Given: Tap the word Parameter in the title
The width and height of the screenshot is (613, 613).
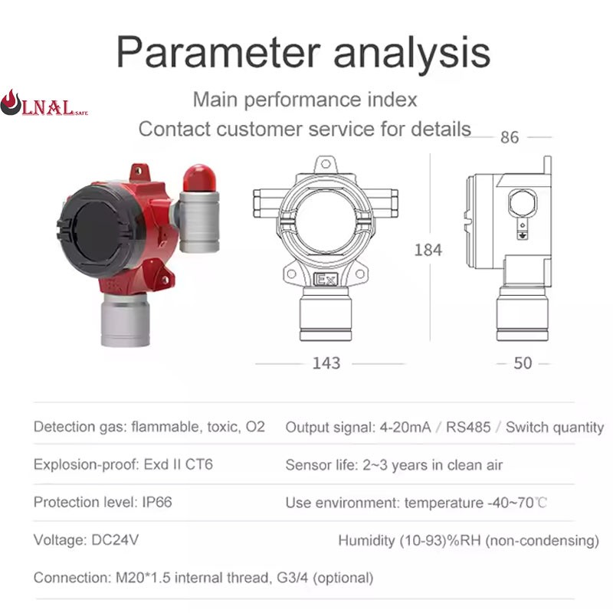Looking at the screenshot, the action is [x=218, y=53].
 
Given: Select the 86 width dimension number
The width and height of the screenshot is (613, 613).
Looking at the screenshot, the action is [x=510, y=137].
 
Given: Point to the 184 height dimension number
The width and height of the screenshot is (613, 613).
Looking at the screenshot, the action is [x=428, y=250].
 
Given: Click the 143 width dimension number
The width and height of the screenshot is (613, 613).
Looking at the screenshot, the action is [x=326, y=363].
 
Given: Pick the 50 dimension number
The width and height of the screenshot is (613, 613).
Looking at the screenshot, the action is [x=523, y=363].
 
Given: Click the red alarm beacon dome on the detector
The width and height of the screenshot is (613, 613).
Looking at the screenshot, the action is [x=199, y=179].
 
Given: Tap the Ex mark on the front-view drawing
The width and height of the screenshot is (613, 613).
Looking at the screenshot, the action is [x=325, y=280].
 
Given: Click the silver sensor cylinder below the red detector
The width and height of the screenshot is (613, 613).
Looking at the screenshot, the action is [x=125, y=320].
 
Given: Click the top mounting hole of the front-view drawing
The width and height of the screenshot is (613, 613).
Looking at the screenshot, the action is [x=325, y=164].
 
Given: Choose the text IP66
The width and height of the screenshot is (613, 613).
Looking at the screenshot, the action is [x=157, y=502].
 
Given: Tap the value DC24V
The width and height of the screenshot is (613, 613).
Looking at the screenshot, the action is [x=115, y=540].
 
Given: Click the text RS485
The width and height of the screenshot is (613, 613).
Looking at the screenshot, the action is [x=468, y=427].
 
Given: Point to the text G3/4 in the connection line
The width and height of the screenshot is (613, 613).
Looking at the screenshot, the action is [x=293, y=578].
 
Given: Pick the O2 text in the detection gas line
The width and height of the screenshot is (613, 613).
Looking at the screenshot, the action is [x=255, y=427].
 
